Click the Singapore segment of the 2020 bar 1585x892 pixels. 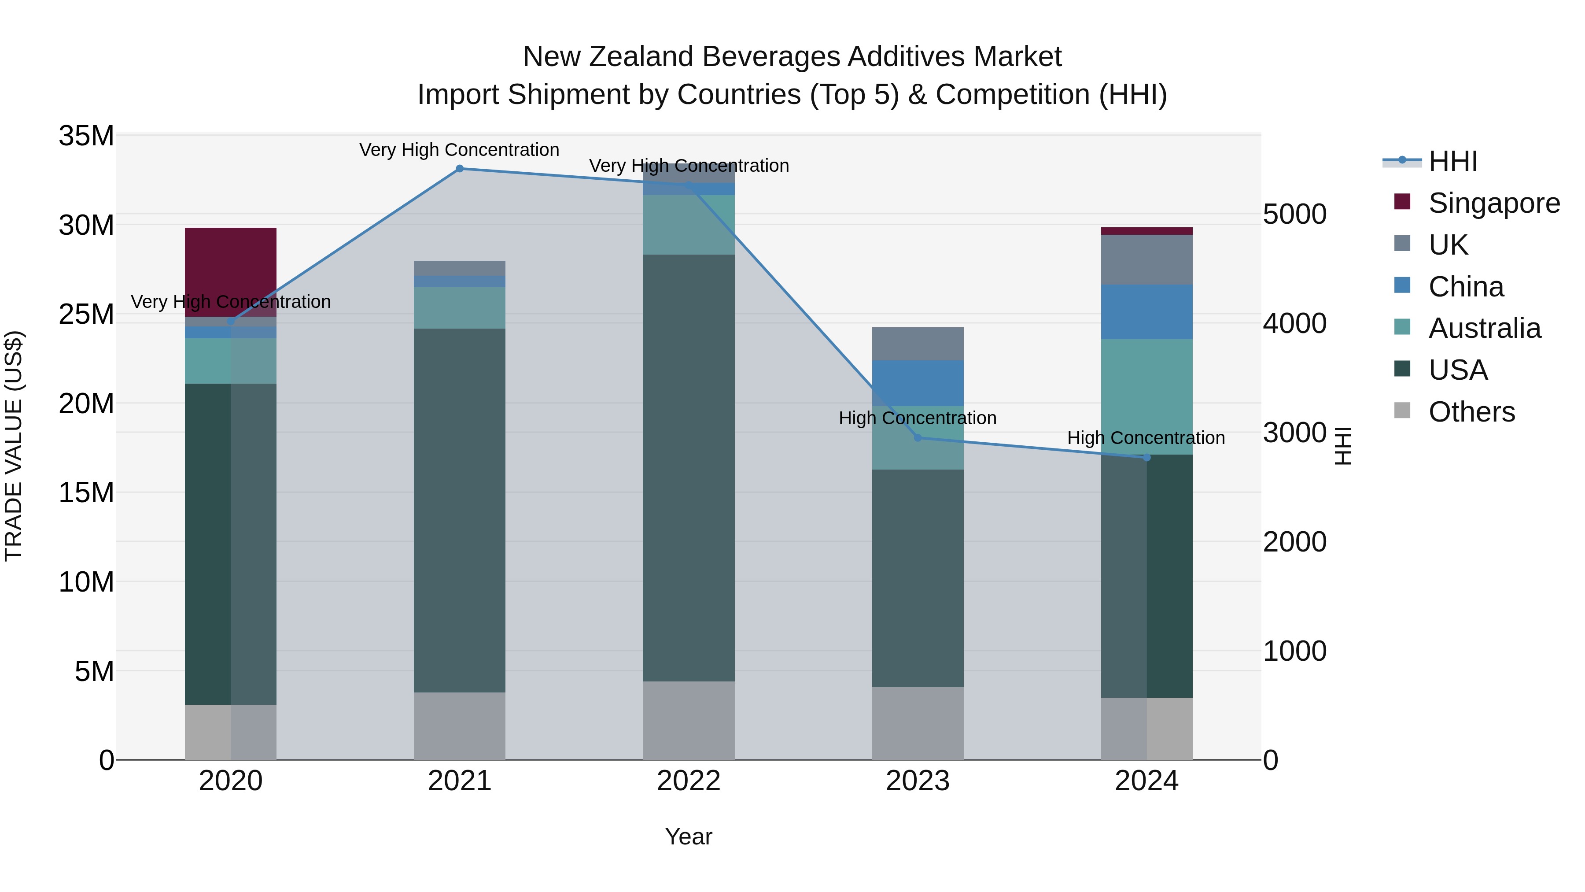(230, 271)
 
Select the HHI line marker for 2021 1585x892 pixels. (460, 169)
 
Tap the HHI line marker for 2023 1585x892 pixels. (918, 438)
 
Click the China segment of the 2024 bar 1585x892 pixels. (1146, 311)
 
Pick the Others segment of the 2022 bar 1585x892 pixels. (689, 720)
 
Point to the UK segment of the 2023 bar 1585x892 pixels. (918, 344)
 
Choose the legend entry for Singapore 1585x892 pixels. (1493, 203)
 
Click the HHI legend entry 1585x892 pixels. (1452, 161)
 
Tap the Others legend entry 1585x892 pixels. (1471, 412)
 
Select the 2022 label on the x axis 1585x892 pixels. (689, 781)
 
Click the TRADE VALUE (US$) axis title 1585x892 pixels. (14, 446)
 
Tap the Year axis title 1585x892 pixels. (689, 836)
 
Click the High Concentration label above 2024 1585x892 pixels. (1146, 438)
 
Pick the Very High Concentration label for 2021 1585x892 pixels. (459, 150)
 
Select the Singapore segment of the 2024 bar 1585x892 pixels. (1146, 231)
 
